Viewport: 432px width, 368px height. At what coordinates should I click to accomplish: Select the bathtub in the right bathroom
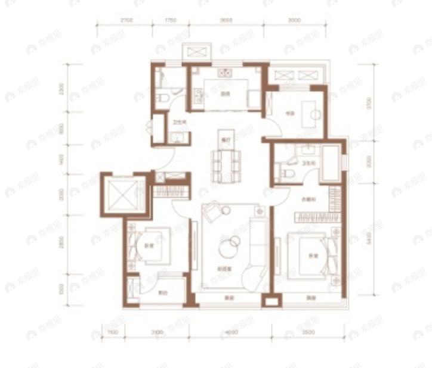click(x=331, y=162)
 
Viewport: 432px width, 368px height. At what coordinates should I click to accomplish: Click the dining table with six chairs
click(x=225, y=164)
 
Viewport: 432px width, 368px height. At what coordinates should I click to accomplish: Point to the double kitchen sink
click(x=225, y=74)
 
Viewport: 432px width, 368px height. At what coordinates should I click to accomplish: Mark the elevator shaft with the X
click(x=122, y=194)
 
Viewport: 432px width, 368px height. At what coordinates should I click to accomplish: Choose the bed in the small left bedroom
click(x=149, y=246)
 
